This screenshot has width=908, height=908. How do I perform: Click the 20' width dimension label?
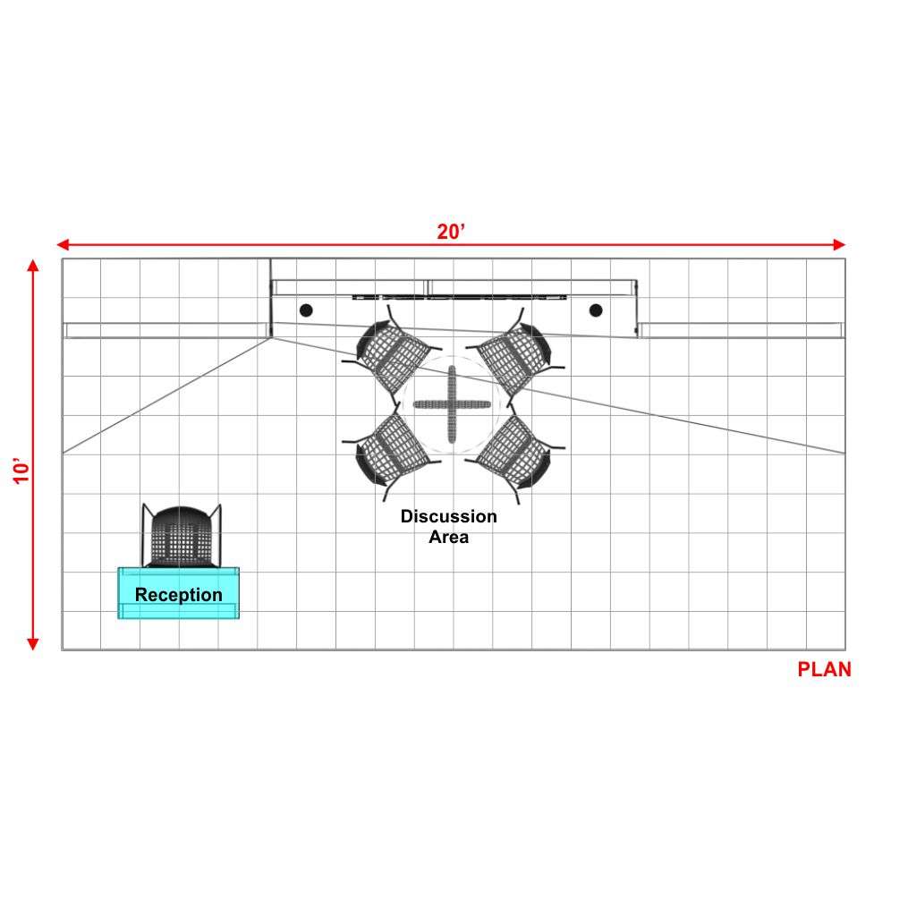tap(451, 232)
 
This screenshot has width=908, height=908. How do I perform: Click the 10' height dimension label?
tap(21, 471)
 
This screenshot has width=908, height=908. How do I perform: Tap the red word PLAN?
tap(824, 669)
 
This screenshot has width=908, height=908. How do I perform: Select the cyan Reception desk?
tap(178, 593)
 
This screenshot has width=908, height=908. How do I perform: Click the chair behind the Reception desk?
tap(182, 536)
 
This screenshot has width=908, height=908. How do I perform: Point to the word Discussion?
tap(449, 516)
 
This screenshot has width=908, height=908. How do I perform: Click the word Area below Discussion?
tap(449, 537)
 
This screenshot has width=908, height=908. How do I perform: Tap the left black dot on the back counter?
tap(306, 310)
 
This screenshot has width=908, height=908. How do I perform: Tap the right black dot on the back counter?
tap(596, 310)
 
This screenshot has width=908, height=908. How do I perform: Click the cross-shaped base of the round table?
tap(452, 404)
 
